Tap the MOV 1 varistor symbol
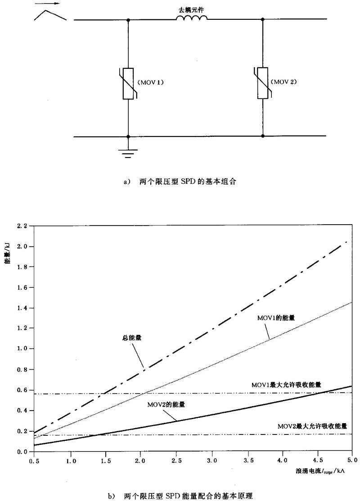click(x=128, y=83)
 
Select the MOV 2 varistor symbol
click(x=263, y=83)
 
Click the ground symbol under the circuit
click(x=128, y=154)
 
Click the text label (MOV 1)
click(x=151, y=82)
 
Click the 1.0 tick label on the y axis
click(x=22, y=348)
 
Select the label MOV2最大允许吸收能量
click(x=312, y=425)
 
